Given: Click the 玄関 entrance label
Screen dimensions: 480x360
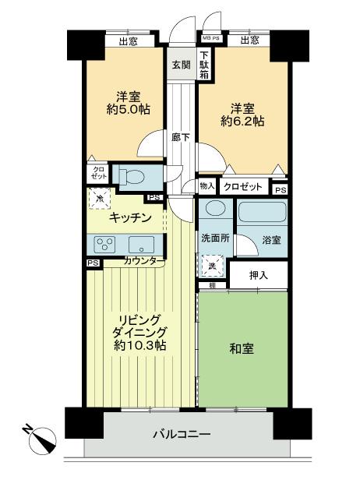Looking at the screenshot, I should (x=181, y=65).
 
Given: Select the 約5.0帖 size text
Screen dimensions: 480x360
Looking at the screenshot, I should (x=128, y=110).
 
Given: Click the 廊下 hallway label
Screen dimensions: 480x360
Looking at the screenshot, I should (x=181, y=137).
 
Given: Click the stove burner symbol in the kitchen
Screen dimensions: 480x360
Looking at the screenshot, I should (x=107, y=242).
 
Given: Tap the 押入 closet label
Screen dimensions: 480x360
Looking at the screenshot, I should (x=257, y=275).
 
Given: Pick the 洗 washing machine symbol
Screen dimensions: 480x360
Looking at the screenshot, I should (x=211, y=268).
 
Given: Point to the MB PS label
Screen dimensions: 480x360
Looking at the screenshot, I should (x=211, y=37).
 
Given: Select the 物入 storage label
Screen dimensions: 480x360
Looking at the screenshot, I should (x=206, y=187).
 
